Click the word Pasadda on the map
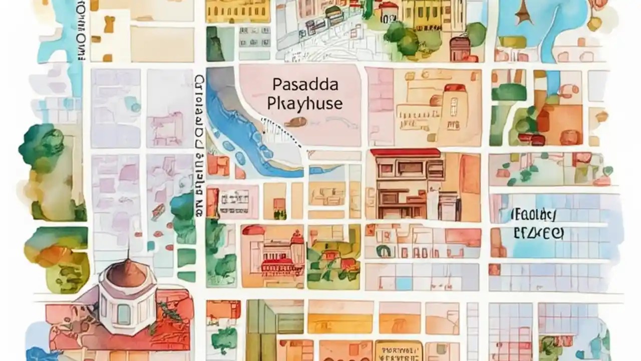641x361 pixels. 298,84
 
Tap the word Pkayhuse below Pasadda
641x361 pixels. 305,103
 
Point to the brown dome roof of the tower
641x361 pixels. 128,273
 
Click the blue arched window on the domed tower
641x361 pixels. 123,314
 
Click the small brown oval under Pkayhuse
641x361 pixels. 297,121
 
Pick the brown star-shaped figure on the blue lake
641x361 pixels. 524,13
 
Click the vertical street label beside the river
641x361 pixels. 199,145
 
